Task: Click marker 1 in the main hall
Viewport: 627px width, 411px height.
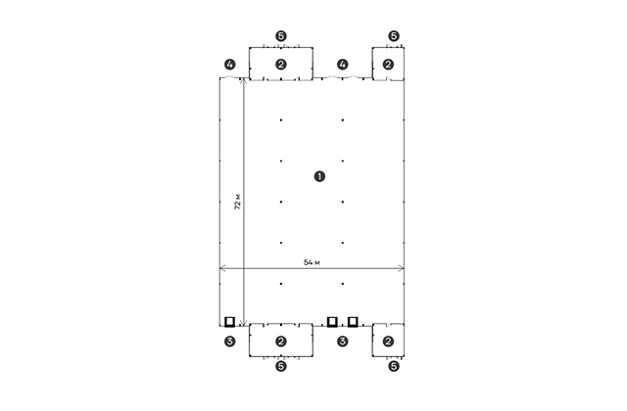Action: (x=319, y=176)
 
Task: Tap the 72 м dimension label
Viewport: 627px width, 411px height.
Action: (x=237, y=203)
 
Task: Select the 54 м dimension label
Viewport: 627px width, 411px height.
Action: (x=312, y=262)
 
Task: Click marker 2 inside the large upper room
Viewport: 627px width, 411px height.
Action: (x=281, y=65)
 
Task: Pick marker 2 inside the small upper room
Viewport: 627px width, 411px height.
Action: (x=388, y=65)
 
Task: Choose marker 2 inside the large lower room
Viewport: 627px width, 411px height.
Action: (x=281, y=342)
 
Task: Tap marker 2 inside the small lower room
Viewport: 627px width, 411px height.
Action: (x=388, y=342)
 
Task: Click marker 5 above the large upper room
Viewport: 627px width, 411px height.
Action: (x=281, y=36)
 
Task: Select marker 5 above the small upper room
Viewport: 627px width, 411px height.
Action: (x=394, y=36)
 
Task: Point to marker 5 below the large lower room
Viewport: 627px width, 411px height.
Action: (x=281, y=366)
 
